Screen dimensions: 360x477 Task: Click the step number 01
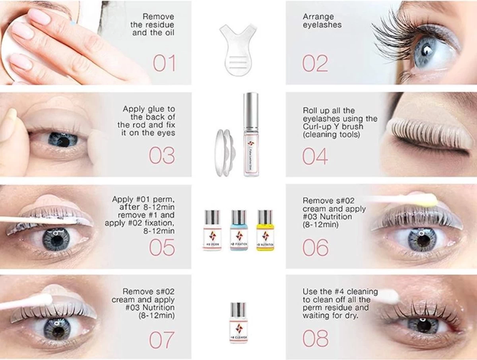(x=164, y=64)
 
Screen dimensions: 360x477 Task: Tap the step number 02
(x=315, y=64)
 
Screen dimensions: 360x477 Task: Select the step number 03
(x=162, y=156)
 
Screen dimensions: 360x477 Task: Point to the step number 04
(x=315, y=156)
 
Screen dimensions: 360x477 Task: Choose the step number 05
(x=162, y=248)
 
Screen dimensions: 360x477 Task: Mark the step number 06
(x=315, y=248)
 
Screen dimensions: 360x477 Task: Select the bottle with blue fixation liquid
(x=238, y=230)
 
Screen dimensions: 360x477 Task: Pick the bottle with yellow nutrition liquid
(x=264, y=230)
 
